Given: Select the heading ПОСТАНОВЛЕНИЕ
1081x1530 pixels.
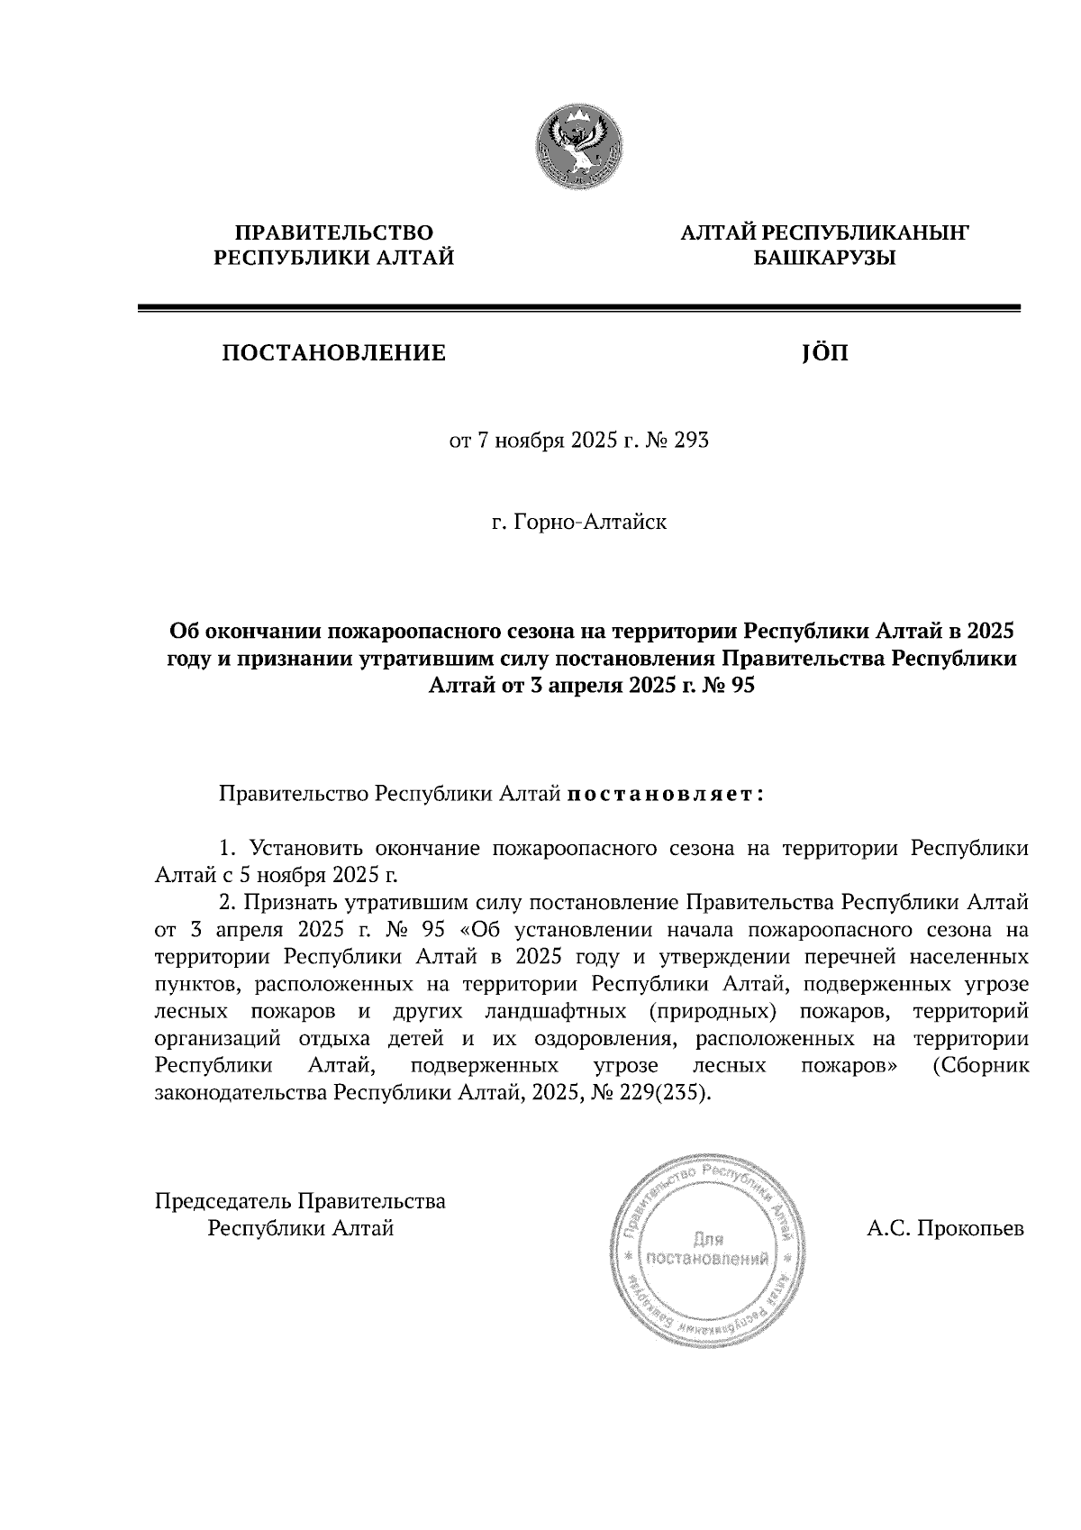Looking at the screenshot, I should (x=333, y=353).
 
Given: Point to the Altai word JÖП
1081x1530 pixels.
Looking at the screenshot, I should (x=823, y=353).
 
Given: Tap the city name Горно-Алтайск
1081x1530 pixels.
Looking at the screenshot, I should (x=590, y=522).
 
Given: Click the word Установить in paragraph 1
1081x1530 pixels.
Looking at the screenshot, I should (x=306, y=849).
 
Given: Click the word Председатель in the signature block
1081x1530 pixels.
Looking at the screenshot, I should (x=223, y=1201).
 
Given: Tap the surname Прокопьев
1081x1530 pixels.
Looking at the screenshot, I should (x=970, y=1228).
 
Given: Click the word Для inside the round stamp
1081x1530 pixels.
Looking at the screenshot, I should (x=707, y=1237).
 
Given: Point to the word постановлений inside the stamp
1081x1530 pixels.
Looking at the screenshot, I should (x=707, y=1258).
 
